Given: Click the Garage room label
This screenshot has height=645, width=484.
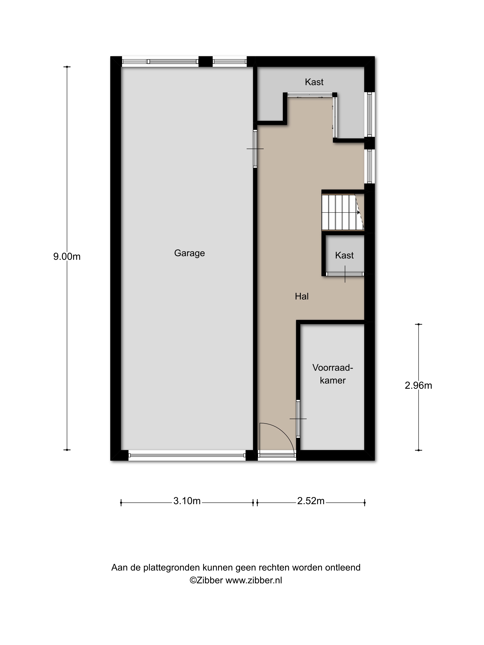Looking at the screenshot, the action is click(x=189, y=253).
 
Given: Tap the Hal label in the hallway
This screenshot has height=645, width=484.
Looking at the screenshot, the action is click(x=302, y=296).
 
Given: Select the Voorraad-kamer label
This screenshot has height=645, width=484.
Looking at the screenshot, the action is click(x=333, y=374).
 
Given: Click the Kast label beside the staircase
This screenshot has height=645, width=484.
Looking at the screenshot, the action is click(x=344, y=255).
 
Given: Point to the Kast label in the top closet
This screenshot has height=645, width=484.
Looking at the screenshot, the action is click(x=314, y=82).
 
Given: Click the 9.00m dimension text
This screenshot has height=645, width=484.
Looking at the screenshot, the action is click(x=67, y=257).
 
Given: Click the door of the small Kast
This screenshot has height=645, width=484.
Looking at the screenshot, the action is click(x=345, y=274).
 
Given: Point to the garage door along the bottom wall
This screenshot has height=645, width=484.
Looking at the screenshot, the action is click(x=187, y=455).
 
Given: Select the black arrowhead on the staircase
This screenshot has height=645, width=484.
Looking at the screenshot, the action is click(x=359, y=212).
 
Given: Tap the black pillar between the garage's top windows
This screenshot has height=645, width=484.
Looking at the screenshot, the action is click(x=205, y=62).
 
